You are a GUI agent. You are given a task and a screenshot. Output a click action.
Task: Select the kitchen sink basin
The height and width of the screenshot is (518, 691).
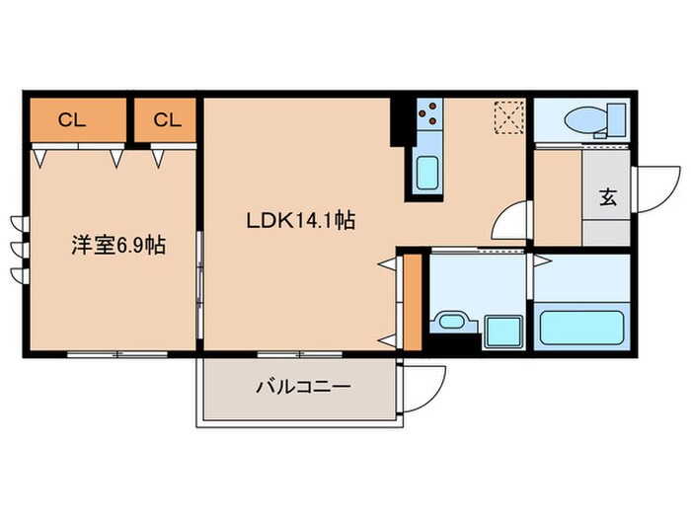[x=428, y=174]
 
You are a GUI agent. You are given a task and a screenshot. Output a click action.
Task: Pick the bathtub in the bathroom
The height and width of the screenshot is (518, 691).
[x=581, y=325]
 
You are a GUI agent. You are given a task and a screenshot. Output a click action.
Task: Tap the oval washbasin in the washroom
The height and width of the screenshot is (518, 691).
[x=452, y=322]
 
